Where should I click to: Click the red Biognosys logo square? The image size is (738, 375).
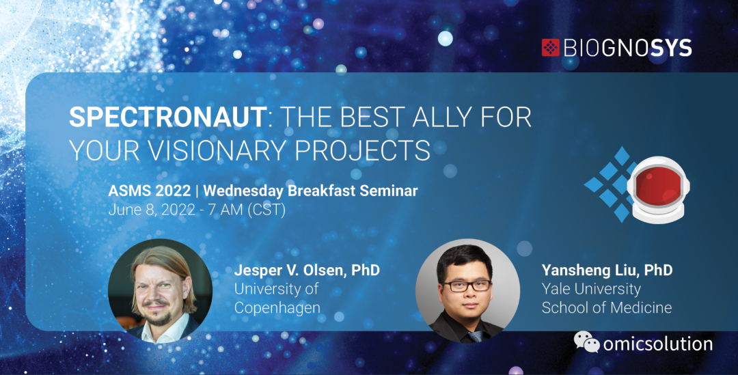pyautogui.click(x=550, y=48)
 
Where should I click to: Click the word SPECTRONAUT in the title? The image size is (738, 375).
pyautogui.click(x=168, y=117)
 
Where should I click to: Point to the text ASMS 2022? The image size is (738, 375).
pyautogui.click(x=149, y=191)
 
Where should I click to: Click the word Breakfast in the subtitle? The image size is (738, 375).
pyautogui.click(x=321, y=191)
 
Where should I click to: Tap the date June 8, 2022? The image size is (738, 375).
pyautogui.click(x=152, y=210)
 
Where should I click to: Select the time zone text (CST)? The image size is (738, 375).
pyautogui.click(x=266, y=210)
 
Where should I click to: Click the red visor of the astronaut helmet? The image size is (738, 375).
pyautogui.click(x=657, y=186)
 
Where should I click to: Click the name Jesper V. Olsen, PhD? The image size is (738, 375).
pyautogui.click(x=307, y=270)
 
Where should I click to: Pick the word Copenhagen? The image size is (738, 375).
pyautogui.click(x=277, y=308)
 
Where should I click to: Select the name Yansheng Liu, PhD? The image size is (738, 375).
pyautogui.click(x=607, y=270)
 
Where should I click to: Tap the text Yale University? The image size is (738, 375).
pyautogui.click(x=591, y=289)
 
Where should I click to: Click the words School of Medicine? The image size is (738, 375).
pyautogui.click(x=607, y=307)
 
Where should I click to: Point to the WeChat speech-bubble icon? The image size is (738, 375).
pyautogui.click(x=586, y=342)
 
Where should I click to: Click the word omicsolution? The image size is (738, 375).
pyautogui.click(x=657, y=344)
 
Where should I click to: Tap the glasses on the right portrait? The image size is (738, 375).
pyautogui.click(x=467, y=286)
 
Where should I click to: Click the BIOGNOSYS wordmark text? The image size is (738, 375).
pyautogui.click(x=627, y=48)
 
